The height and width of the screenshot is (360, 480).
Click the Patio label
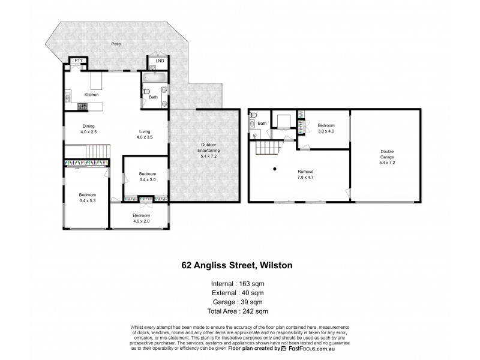click(x=114, y=44)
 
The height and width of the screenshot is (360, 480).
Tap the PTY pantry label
click(x=77, y=61)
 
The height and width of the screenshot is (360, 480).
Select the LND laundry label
click(x=159, y=61)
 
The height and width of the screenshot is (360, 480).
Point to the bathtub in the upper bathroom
click(x=155, y=77)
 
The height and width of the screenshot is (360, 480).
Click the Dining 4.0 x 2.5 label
click(x=88, y=128)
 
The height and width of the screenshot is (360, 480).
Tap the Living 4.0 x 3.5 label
click(x=145, y=134)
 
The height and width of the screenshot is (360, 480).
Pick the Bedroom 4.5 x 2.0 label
click(x=141, y=218)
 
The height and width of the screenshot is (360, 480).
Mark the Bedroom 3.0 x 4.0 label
click(x=325, y=128)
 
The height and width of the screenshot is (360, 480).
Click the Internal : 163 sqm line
click(x=239, y=283)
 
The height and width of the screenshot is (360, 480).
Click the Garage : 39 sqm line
click(x=239, y=302)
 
